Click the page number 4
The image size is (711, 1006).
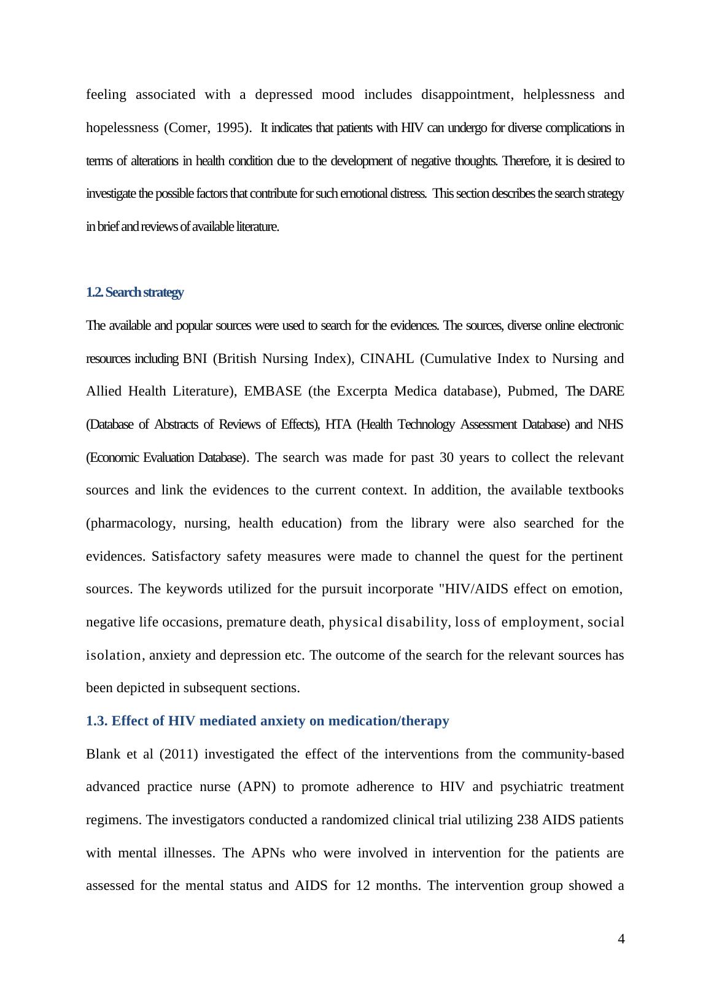coord(621,938)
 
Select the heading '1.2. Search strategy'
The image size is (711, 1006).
coord(134,292)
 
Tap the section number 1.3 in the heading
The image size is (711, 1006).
coord(96,721)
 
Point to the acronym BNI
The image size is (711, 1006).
coord(195,359)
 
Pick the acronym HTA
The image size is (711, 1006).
coord(338,424)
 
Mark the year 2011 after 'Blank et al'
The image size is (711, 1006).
coord(178,754)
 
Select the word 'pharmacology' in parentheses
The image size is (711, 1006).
coord(130,523)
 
